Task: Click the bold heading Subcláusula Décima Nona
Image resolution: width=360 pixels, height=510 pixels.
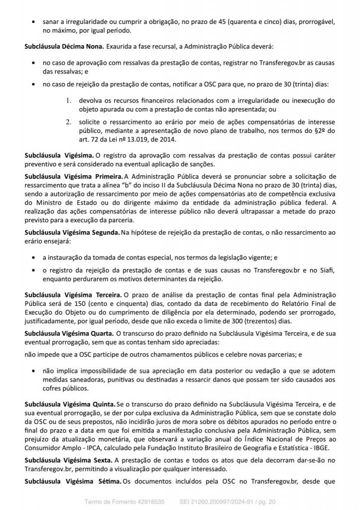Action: coord(64,46)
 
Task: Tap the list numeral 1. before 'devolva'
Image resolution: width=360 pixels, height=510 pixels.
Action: coord(69,100)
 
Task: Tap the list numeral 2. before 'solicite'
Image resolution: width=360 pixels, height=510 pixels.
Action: coord(69,122)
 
